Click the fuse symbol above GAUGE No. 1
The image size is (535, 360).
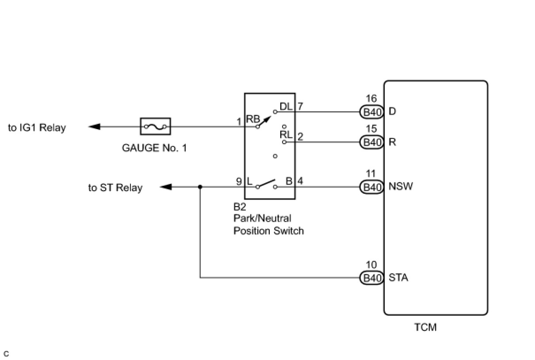(x=155, y=126)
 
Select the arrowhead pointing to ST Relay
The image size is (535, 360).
(x=166, y=187)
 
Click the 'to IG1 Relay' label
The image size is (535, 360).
(x=37, y=128)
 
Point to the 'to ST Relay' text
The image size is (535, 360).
(x=115, y=188)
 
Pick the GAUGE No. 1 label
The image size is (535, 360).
(x=154, y=148)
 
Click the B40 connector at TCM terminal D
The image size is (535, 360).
(x=372, y=112)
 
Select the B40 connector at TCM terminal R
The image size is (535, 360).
(x=372, y=142)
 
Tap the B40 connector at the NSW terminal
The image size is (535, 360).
(x=372, y=187)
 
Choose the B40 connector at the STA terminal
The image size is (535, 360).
(x=372, y=278)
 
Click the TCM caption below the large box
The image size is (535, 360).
(x=425, y=327)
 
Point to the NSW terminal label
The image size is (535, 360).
(x=400, y=186)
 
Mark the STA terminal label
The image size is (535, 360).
(x=398, y=278)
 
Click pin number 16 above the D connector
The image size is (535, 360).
(x=371, y=99)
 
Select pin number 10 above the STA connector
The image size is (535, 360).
(x=371, y=265)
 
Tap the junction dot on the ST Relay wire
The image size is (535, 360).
(x=200, y=187)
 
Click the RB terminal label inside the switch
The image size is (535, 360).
(x=253, y=119)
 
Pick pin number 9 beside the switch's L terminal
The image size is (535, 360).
(x=239, y=181)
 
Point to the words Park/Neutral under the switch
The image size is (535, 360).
(x=262, y=218)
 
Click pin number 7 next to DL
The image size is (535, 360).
(x=300, y=107)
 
